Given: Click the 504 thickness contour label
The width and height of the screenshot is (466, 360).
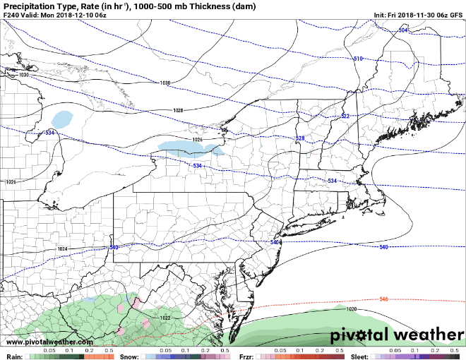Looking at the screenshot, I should [403, 30].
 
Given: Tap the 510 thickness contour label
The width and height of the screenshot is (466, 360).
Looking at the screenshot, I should [358, 59].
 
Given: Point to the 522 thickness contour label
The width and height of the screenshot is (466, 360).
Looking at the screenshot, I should [345, 116].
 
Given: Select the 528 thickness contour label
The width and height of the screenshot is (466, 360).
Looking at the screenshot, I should [299, 138].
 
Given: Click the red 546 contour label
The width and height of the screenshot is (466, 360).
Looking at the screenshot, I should [383, 299].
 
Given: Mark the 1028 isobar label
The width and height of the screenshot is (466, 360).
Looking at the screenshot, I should [178, 111].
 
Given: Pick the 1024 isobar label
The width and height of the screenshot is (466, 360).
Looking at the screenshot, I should [62, 249].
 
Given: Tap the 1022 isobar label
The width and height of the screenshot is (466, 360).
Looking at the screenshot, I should [165, 318].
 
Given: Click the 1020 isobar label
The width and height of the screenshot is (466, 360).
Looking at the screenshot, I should [352, 309].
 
